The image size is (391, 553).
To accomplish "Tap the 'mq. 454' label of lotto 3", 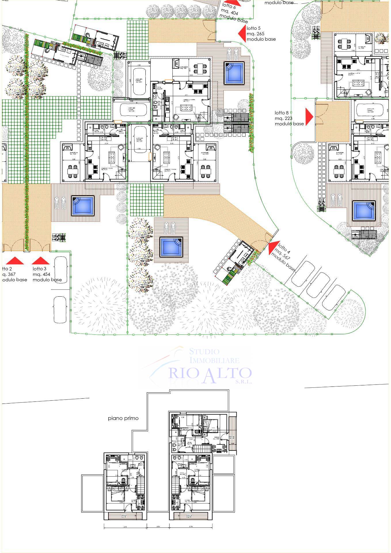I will (41, 274).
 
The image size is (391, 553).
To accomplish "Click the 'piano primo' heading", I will (123, 418).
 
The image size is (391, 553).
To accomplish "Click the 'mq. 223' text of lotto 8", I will (283, 118).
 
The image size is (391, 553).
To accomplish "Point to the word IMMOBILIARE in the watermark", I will (214, 360).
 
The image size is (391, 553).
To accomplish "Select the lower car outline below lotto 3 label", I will (60, 310).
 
